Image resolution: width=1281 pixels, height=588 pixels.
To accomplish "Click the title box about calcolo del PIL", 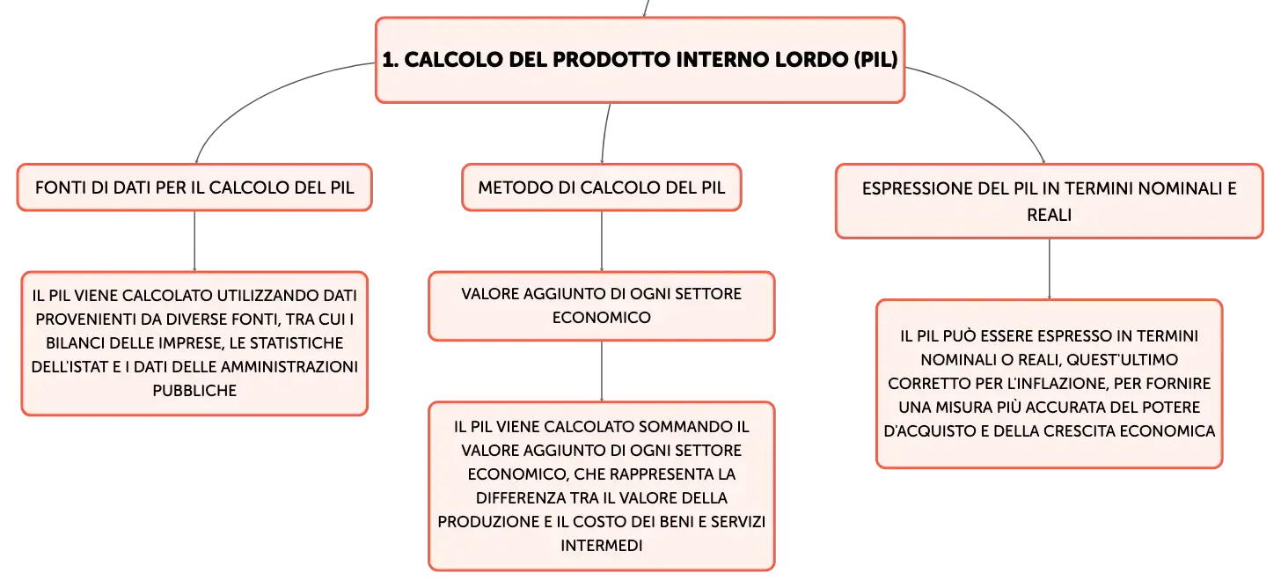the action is [x=640, y=60].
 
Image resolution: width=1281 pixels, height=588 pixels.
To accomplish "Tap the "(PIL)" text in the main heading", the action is [x=875, y=60].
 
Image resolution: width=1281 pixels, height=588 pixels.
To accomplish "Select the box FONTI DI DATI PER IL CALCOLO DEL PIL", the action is [x=194, y=187].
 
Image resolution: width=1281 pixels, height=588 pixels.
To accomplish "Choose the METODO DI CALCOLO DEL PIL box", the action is [x=602, y=187].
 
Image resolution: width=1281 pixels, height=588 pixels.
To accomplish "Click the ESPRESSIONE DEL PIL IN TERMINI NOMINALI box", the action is [x=1050, y=202].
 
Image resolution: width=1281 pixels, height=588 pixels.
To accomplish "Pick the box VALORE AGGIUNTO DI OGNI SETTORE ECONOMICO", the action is [x=602, y=306].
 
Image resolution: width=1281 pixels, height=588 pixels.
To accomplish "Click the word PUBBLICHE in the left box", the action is [x=194, y=391].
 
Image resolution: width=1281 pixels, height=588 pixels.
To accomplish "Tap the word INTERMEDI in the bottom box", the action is [x=602, y=546].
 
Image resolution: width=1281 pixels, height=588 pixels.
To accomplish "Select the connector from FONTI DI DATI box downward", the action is [x=194, y=241].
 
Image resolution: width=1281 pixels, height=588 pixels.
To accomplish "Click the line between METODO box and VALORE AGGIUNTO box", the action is [x=602, y=241].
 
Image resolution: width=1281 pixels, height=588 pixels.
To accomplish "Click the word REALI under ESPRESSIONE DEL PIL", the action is [x=1050, y=215].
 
